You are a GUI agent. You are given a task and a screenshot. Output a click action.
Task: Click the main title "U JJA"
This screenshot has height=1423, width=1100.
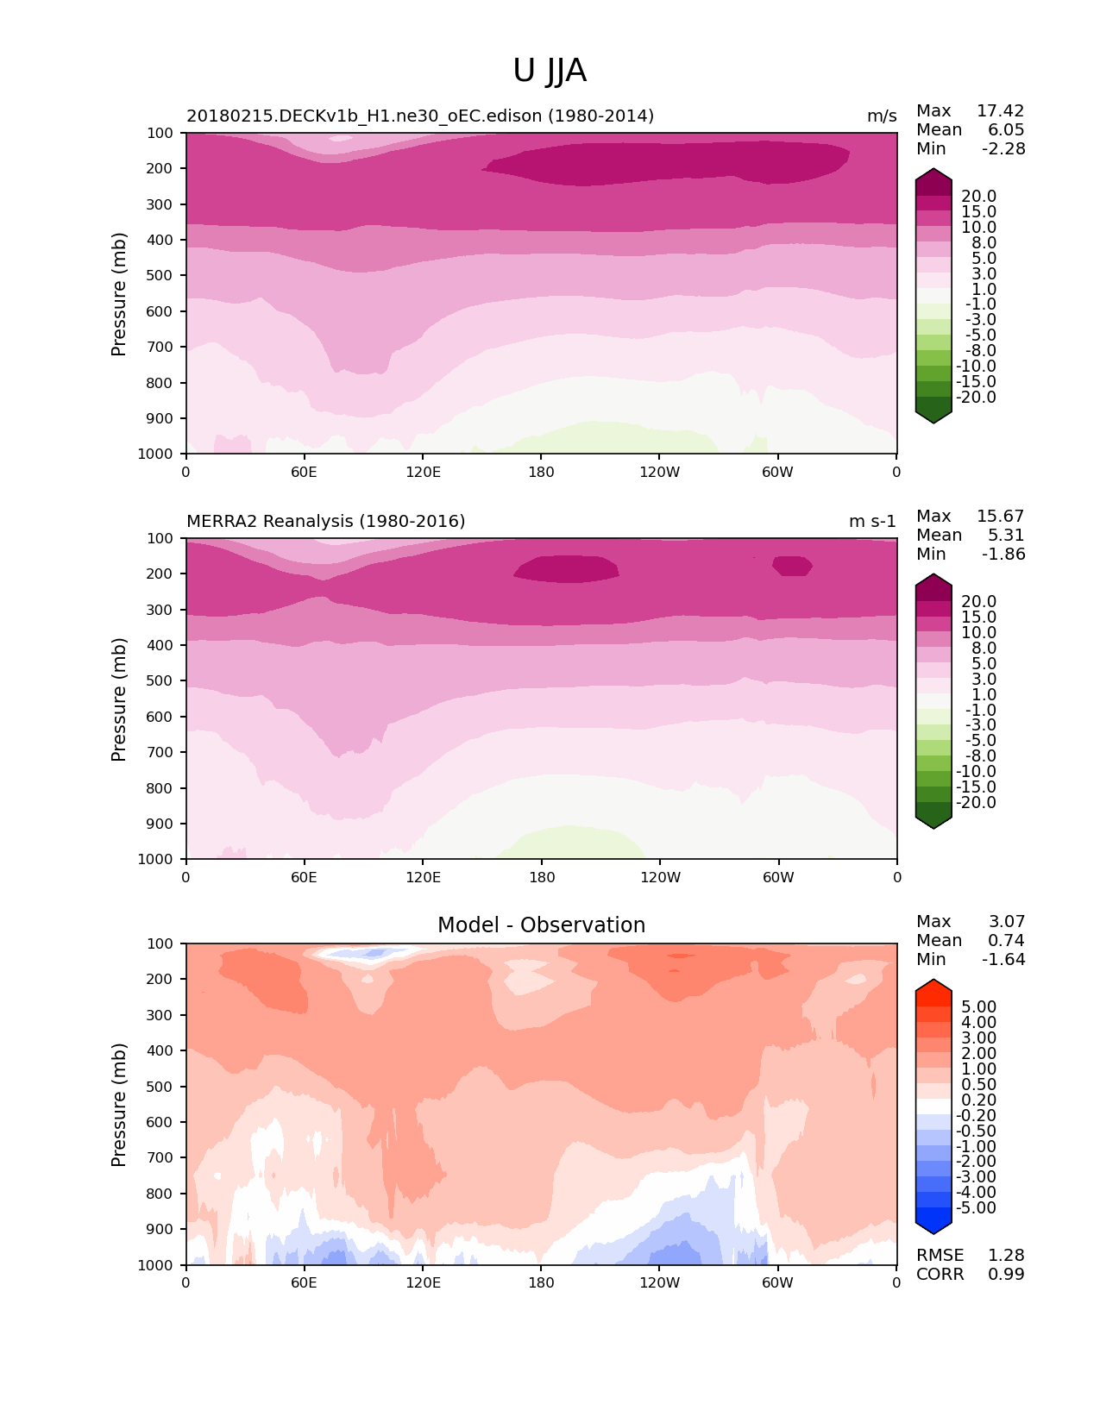click(550, 71)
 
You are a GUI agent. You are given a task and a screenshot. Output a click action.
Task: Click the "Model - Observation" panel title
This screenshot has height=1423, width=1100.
click(541, 925)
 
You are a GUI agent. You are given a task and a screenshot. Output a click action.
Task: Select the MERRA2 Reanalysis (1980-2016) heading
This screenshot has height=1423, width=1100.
click(326, 521)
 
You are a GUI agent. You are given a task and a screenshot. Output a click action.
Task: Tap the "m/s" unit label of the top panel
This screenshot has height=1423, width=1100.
click(882, 116)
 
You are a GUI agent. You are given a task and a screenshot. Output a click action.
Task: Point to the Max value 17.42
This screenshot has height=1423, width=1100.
click(1000, 110)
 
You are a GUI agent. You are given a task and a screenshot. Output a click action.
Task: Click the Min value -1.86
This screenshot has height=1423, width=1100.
click(1003, 554)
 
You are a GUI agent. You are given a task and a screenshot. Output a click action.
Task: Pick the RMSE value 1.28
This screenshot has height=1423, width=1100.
click(1006, 1255)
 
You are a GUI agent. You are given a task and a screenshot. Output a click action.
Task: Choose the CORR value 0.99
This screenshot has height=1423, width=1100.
click(1006, 1274)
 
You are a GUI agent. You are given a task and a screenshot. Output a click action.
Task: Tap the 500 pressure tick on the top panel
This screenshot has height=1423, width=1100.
click(160, 275)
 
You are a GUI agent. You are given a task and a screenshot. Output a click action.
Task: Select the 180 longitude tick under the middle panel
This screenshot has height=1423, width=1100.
click(541, 877)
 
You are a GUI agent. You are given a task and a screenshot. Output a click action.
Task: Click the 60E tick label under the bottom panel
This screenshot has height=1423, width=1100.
click(304, 1282)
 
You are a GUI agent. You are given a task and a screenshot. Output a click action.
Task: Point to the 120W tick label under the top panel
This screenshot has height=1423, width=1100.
click(660, 472)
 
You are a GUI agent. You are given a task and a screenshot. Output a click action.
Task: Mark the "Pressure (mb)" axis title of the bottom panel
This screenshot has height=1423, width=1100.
click(119, 1105)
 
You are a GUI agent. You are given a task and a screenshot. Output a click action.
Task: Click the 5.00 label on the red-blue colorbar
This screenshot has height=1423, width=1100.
click(978, 1006)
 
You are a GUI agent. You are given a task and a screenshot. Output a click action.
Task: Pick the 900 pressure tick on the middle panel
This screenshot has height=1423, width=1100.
click(160, 824)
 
